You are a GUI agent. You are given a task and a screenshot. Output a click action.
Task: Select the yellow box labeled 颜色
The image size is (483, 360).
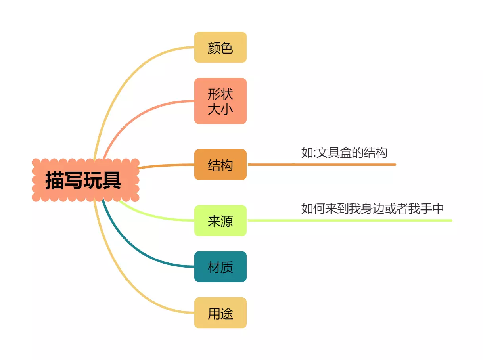click(x=220, y=48)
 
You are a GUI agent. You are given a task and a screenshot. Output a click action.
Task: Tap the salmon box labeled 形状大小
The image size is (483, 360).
click(x=220, y=101)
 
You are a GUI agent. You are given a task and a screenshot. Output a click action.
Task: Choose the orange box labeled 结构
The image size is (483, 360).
click(x=220, y=165)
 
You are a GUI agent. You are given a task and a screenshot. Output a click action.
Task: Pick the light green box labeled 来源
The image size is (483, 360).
click(x=220, y=221)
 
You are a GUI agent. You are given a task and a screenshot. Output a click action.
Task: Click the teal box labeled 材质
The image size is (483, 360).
click(x=220, y=267)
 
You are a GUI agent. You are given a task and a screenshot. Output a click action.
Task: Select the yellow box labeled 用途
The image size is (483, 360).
click(x=220, y=313)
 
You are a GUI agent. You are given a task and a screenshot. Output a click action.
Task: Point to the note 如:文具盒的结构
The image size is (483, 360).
click(x=344, y=153)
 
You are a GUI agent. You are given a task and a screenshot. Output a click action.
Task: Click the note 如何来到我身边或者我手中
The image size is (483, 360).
click(x=372, y=209)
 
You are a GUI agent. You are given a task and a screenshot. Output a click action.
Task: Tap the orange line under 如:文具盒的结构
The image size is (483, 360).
click(x=321, y=164)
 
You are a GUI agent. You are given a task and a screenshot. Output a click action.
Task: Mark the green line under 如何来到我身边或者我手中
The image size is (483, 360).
click(x=349, y=220)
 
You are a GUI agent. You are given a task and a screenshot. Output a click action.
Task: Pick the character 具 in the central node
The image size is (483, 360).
click(x=112, y=180)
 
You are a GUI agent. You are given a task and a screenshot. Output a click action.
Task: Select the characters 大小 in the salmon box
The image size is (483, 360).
click(x=220, y=109)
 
